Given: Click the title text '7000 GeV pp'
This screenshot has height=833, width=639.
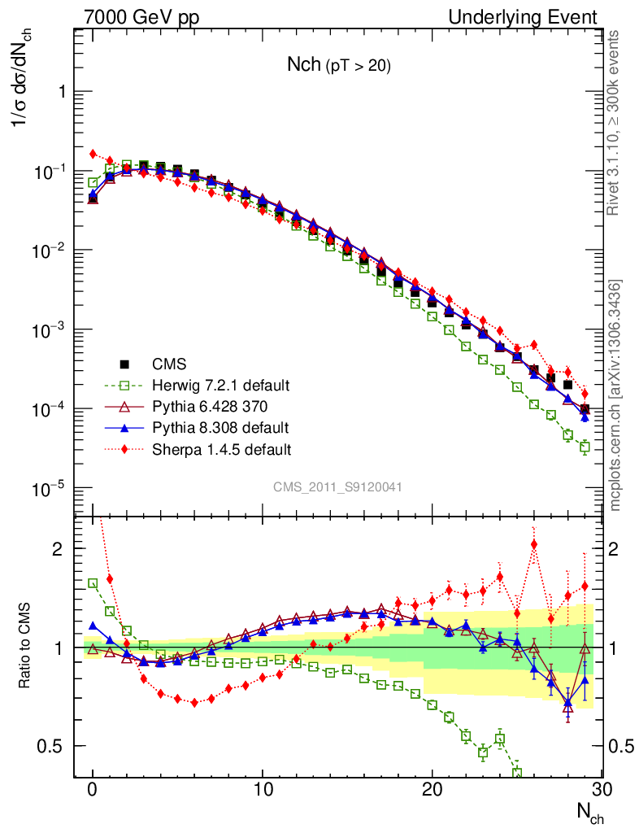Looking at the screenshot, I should point(141,17).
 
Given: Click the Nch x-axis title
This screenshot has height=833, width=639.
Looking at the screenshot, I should point(589,813).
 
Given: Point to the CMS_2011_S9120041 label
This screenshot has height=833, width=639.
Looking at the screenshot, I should point(337,486).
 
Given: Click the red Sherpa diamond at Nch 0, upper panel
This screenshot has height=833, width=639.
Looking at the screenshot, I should point(93,154).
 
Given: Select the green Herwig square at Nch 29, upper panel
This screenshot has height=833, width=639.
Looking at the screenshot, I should point(585,447).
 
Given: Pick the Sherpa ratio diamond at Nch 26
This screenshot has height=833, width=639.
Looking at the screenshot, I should point(533,544).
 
